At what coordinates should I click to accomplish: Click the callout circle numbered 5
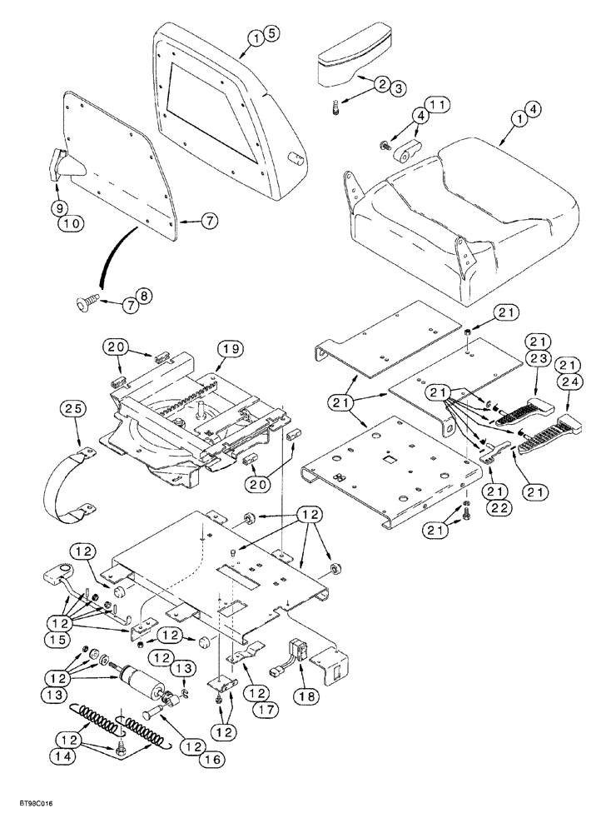tap(273, 35)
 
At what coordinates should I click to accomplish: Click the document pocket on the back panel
tap(68, 162)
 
